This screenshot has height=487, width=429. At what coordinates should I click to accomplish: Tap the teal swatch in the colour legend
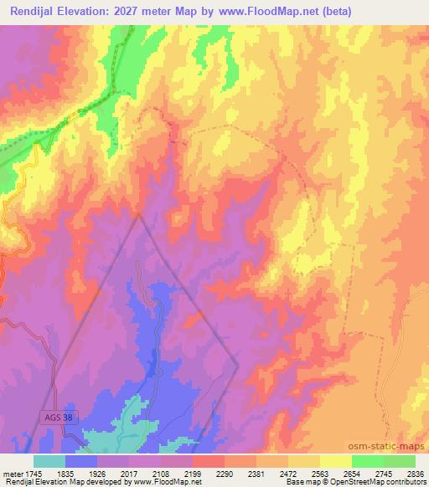pyautogui.click(x=49, y=461)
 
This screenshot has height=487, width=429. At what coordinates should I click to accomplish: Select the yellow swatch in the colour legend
pyautogui.click(x=335, y=461)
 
